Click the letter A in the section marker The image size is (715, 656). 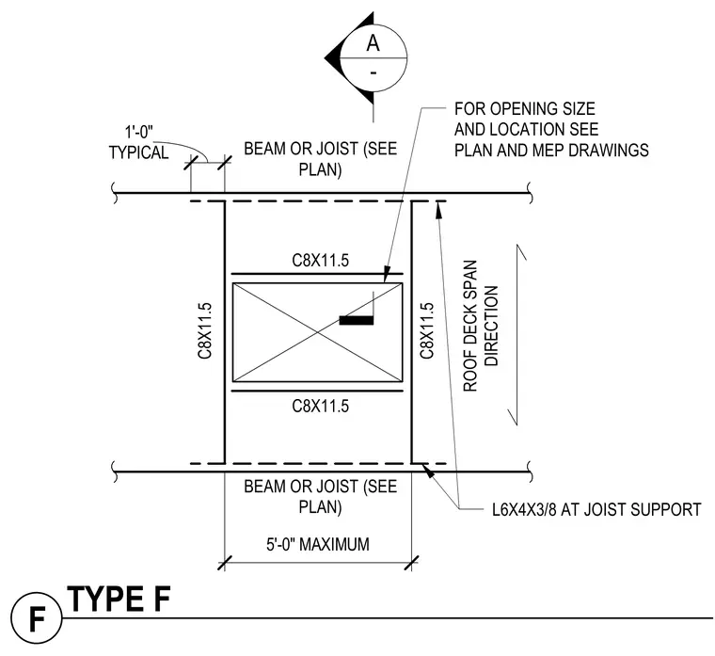(373, 43)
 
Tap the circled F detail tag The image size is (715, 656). (37, 618)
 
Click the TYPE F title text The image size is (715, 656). (119, 599)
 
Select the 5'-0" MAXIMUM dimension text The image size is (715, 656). (318, 544)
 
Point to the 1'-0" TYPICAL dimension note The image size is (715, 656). (138, 142)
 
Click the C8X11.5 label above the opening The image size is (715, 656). (320, 261)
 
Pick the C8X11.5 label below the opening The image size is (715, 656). (320, 406)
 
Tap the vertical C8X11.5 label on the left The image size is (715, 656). (205, 330)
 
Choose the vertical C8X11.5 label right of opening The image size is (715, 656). (427, 330)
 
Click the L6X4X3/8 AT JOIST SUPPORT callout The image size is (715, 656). (596, 509)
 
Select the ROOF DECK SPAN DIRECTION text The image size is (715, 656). (481, 326)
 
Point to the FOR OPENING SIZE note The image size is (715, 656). (551, 130)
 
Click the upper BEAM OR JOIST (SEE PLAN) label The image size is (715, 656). (320, 159)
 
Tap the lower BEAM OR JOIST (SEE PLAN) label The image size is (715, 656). (320, 496)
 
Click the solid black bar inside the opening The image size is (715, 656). (357, 320)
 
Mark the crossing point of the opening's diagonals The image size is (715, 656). (318, 332)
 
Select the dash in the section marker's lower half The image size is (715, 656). (373, 72)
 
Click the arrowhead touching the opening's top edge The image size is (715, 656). (387, 275)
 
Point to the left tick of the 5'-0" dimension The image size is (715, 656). (225, 563)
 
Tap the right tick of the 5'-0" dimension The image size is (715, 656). (411, 563)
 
